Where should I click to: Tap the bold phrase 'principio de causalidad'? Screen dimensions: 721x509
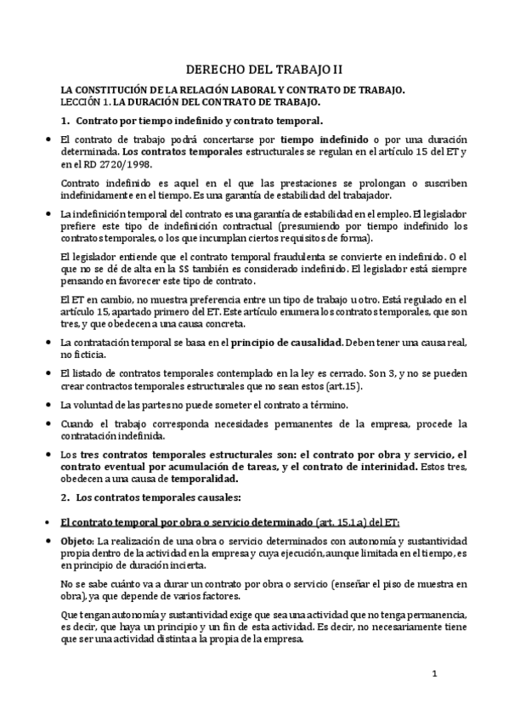(291, 342)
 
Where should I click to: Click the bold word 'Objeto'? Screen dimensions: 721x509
(79, 541)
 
